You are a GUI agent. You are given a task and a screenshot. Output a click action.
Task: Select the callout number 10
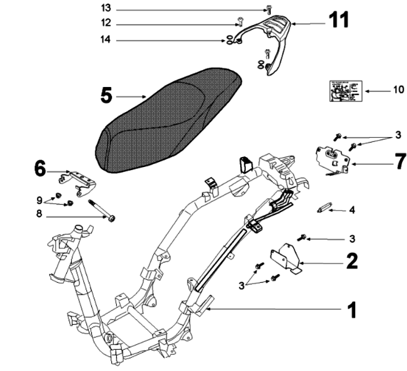[398, 89]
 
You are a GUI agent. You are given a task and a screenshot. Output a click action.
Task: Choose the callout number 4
[352, 210]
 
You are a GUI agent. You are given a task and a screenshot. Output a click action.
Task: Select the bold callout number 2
[352, 260]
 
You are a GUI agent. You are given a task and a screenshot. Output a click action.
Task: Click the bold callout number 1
[352, 308]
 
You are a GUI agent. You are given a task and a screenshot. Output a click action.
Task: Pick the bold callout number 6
[40, 168]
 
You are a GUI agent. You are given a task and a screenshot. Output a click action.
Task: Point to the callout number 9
[41, 200]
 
